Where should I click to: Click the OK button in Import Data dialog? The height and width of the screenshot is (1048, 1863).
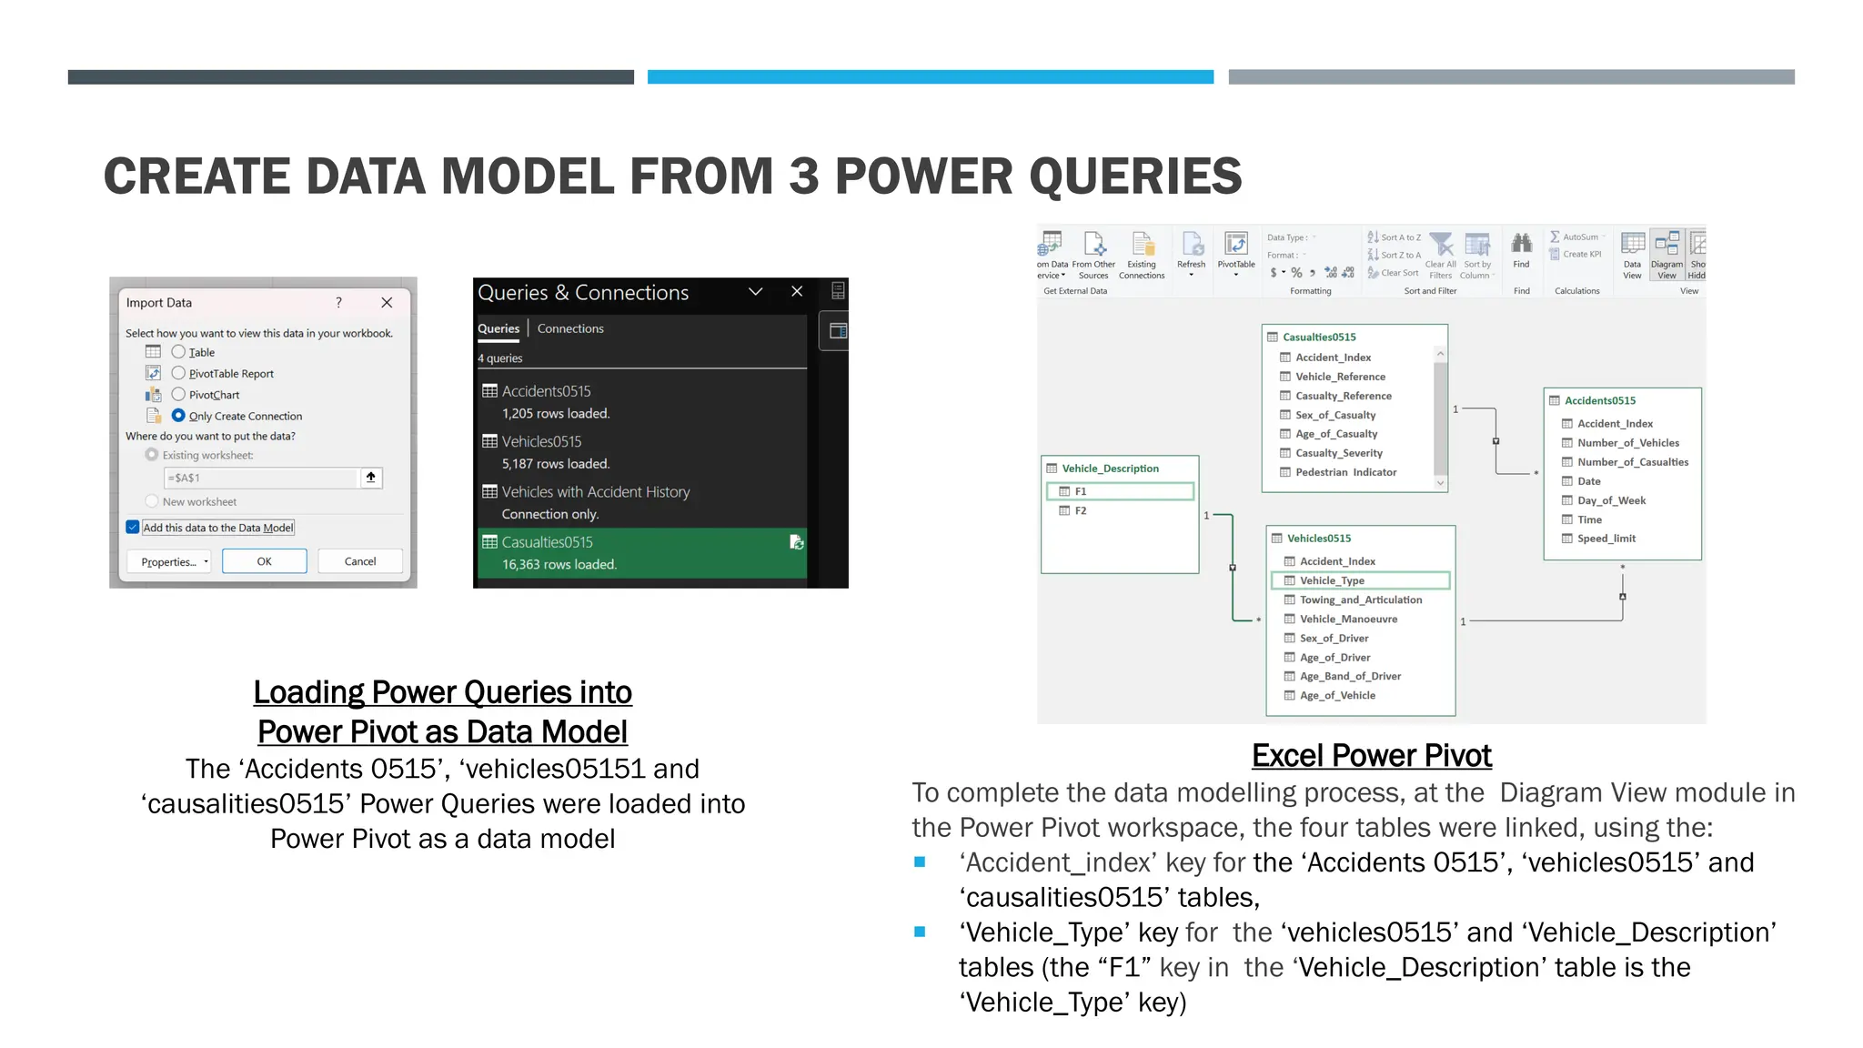tap(264, 561)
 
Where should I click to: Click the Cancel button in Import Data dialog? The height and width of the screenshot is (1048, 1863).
tap(360, 561)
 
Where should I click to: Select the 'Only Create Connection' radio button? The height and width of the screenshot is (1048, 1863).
tap(178, 416)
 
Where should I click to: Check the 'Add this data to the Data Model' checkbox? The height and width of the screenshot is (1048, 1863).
tap(133, 528)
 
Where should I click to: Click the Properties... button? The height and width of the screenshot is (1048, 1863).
tap(169, 561)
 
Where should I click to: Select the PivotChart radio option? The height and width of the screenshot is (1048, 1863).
tap(178, 395)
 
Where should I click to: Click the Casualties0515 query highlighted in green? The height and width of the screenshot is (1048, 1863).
tap(548, 542)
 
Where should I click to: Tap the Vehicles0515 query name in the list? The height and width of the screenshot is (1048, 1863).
tap(541, 441)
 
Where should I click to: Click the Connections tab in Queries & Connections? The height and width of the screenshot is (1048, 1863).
tap(570, 328)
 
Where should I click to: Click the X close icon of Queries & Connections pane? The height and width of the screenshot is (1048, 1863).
tap(797, 291)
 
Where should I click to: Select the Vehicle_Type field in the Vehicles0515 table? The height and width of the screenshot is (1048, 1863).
tap(1332, 580)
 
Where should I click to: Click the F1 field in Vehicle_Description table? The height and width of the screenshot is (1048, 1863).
tap(1081, 491)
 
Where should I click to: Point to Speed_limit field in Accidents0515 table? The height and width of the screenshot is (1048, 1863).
tap(1606, 539)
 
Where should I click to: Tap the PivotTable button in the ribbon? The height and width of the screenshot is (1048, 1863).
tap(1236, 254)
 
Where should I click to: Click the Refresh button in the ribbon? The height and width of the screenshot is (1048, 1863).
tap(1191, 254)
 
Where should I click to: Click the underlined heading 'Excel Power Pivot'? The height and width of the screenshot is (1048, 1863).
tap(1371, 755)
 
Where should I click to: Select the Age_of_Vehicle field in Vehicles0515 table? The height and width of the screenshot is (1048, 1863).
tap(1337, 695)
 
